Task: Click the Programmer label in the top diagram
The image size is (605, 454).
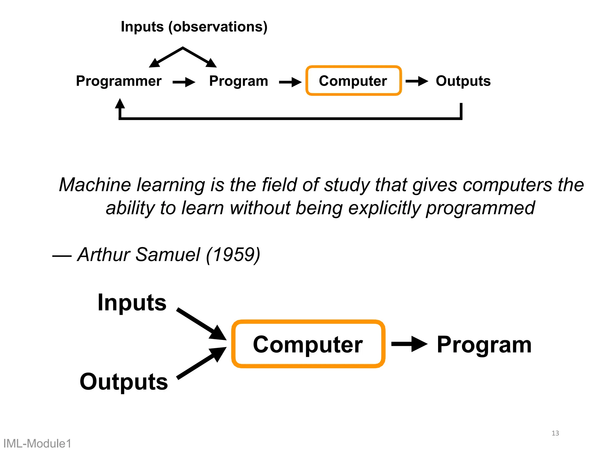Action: (118, 81)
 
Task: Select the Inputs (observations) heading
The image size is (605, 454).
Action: (194, 27)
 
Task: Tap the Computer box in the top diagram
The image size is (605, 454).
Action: (353, 81)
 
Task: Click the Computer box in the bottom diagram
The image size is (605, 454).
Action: (308, 344)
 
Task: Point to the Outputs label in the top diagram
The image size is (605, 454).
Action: (463, 81)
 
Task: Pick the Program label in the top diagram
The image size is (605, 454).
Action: (238, 81)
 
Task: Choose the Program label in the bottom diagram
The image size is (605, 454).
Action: (484, 345)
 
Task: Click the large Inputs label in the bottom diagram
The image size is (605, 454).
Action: (132, 303)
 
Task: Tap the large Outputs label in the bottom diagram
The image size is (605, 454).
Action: (124, 382)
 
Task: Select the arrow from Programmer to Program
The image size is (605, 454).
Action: (184, 82)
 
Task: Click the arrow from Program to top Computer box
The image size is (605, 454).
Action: (290, 82)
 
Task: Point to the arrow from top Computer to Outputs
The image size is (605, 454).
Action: (417, 81)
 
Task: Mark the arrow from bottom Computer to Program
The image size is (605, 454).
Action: (409, 344)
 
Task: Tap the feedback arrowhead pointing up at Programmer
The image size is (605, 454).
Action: (120, 104)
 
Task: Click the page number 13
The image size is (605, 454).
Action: (555, 433)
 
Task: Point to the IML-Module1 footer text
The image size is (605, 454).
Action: (37, 444)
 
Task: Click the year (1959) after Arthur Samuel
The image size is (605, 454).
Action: (233, 254)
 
